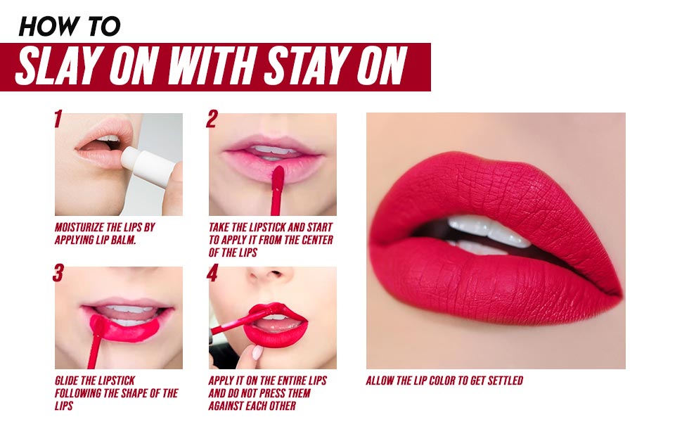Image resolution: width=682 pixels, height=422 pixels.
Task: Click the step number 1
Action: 58,119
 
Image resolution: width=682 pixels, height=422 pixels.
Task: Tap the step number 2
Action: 212,119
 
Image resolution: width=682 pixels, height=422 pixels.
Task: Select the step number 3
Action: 58,273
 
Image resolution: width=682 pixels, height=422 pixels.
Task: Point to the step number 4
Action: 212,273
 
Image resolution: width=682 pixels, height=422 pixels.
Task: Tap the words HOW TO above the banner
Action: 70,27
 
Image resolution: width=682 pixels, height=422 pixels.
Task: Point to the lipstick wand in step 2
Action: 276,190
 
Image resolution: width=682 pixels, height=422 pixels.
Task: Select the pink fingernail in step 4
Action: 257,352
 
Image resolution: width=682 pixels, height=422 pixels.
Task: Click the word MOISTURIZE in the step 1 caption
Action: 79,228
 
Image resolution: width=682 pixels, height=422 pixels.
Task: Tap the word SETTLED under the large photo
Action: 506,381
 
